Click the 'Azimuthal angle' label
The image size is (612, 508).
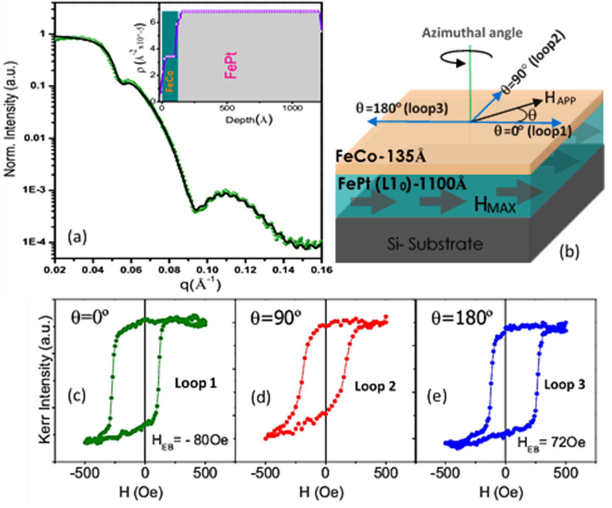pyautogui.click(x=472, y=33)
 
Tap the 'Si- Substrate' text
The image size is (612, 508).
pyautogui.click(x=435, y=244)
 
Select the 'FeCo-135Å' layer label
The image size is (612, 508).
pyautogui.click(x=380, y=156)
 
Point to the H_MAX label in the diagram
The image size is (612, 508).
pyautogui.click(x=495, y=205)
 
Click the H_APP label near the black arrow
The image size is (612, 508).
pyautogui.click(x=560, y=98)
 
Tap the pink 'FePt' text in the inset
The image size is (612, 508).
pyautogui.click(x=231, y=65)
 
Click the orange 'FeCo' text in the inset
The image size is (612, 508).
pyautogui.click(x=170, y=81)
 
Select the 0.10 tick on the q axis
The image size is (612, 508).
pyautogui.click(x=207, y=270)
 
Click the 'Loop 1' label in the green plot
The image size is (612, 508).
pyautogui.click(x=196, y=383)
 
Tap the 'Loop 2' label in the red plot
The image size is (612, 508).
pyautogui.click(x=375, y=386)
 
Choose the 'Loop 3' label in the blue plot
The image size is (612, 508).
pyautogui.click(x=565, y=384)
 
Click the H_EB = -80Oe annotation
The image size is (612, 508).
pyautogui.click(x=190, y=440)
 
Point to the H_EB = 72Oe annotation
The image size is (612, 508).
pyautogui.click(x=551, y=442)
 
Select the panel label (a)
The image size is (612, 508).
pyautogui.click(x=77, y=237)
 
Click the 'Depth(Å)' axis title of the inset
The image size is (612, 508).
pyautogui.click(x=249, y=120)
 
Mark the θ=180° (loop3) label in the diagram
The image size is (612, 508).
pyautogui.click(x=402, y=108)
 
